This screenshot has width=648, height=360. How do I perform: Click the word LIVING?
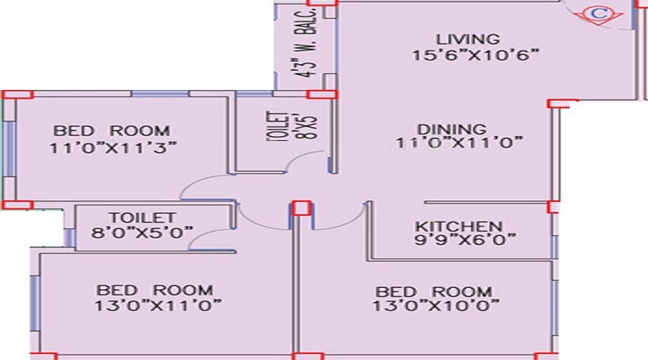468,40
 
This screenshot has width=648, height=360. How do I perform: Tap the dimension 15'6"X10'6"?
476,55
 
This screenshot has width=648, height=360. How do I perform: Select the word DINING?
451,130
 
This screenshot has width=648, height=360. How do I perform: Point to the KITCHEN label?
459,227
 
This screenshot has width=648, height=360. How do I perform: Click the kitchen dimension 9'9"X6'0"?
465,240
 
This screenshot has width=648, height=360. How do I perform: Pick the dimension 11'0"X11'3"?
113,148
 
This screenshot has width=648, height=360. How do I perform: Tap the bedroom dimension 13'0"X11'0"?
158,306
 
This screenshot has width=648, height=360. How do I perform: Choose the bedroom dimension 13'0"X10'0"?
436,306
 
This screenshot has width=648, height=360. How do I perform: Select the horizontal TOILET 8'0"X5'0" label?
142,225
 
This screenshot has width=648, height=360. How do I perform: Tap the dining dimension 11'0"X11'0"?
459,143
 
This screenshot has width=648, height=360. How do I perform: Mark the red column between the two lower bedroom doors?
302,207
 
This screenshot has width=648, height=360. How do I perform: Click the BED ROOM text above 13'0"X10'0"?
433,292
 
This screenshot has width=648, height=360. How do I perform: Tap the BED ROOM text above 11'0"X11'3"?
112,131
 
